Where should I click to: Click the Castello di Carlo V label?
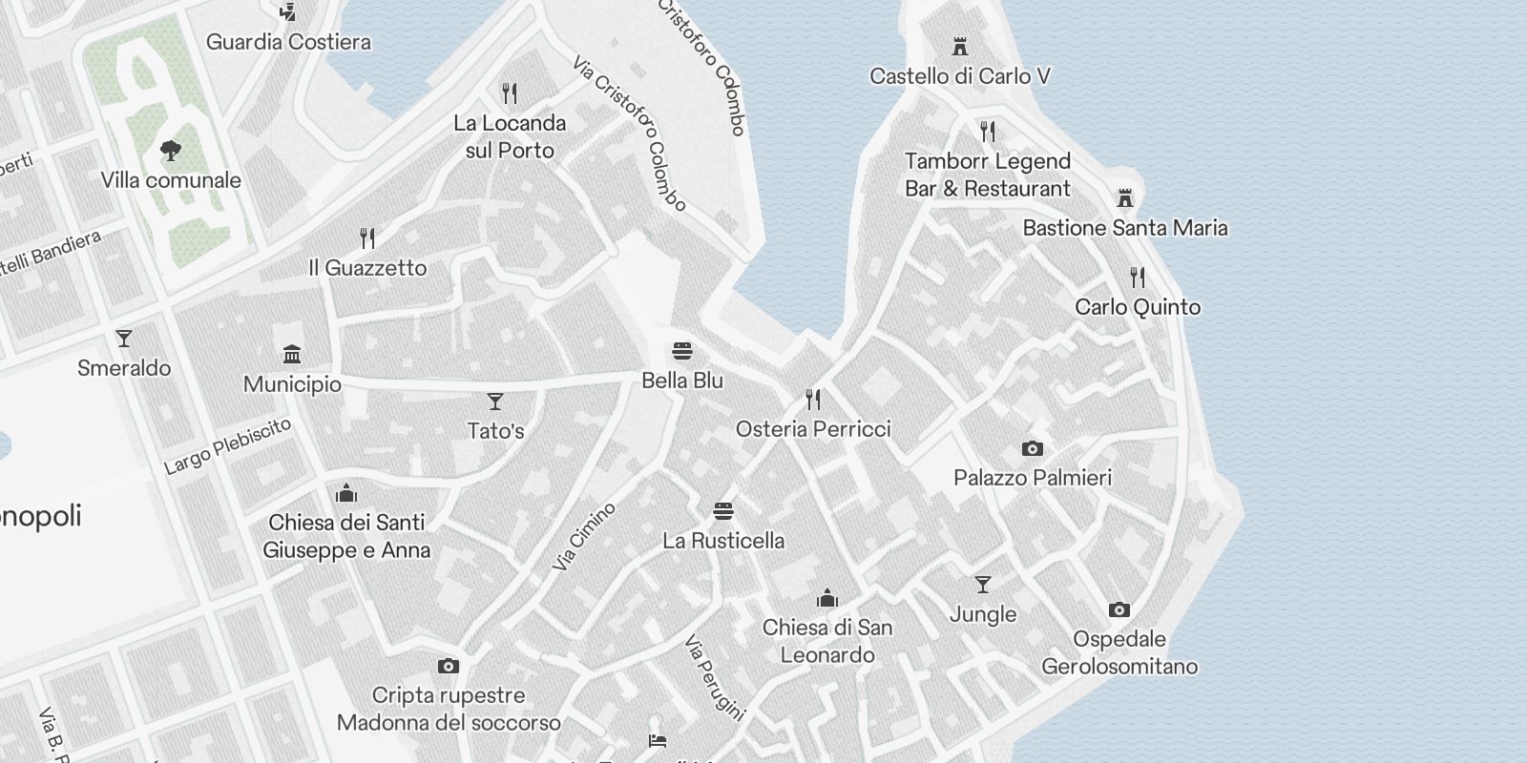(960, 76)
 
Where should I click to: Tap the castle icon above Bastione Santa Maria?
(1125, 198)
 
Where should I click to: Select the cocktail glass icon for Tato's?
(495, 402)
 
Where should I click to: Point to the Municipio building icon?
(292, 355)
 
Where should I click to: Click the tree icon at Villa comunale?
(171, 151)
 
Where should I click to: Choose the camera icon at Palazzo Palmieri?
(1032, 448)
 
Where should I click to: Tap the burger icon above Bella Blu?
(681, 351)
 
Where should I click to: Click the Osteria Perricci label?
(813, 429)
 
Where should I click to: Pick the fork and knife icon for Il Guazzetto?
(367, 237)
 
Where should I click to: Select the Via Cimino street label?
(584, 537)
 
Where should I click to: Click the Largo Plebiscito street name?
(227, 446)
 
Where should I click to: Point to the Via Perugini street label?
(714, 677)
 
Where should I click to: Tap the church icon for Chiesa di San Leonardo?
(827, 598)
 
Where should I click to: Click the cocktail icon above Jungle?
(982, 585)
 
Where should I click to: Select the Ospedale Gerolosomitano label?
(1119, 652)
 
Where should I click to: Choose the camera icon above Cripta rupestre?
(448, 666)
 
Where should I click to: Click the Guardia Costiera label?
(288, 42)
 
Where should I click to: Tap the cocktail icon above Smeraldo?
(123, 339)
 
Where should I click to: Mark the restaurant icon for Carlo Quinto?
(1137, 278)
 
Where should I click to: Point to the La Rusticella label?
(723, 541)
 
